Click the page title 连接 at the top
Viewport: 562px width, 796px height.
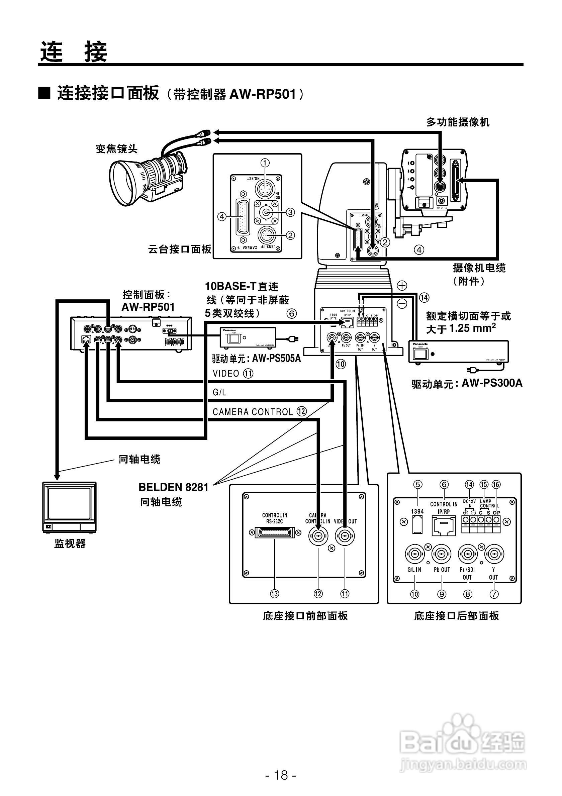[74, 52]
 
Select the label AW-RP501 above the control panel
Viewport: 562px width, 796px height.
[148, 307]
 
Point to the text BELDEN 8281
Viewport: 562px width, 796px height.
[173, 487]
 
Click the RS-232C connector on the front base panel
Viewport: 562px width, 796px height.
[274, 532]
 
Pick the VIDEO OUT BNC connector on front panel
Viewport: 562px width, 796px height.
[345, 536]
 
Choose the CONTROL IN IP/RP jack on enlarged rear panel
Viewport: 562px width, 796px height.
[444, 525]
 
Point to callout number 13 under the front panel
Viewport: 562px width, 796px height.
[275, 594]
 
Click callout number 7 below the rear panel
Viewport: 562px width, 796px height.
[494, 594]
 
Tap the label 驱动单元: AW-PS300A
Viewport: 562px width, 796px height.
[467, 383]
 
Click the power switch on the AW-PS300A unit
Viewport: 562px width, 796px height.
[420, 354]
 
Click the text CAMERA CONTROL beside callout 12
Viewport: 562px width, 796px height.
[253, 412]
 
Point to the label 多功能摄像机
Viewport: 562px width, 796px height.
[458, 122]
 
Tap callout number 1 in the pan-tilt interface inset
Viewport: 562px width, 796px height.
[265, 163]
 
